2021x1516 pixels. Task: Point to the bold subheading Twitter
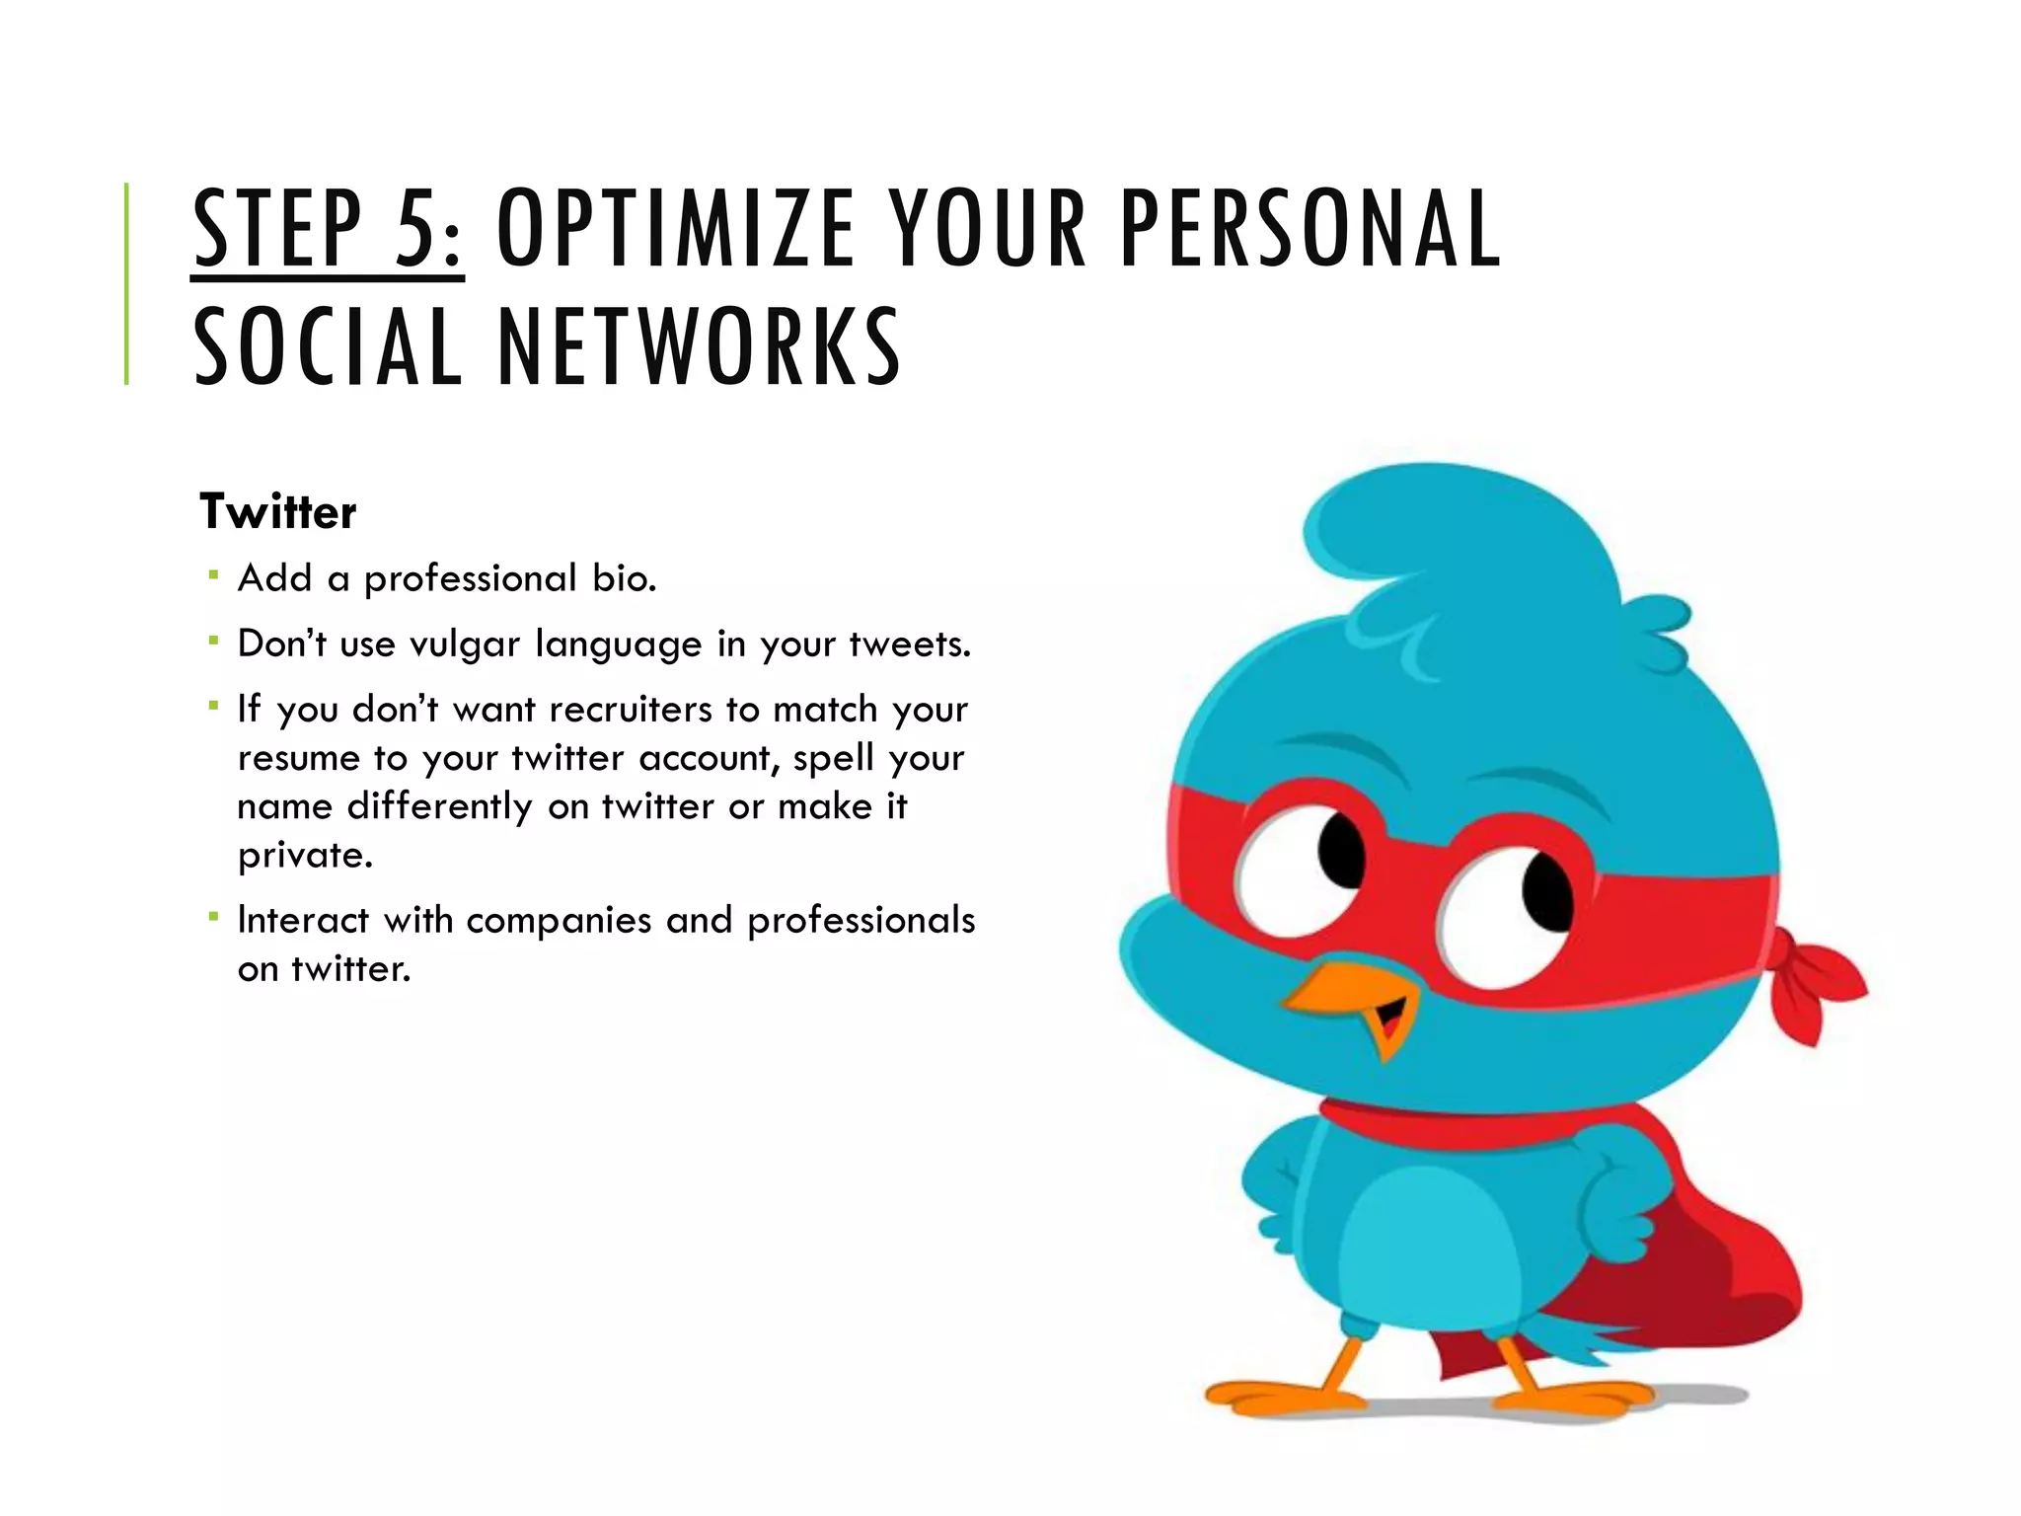[278, 512]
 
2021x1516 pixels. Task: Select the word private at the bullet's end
[305, 856]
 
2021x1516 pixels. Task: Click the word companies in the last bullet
[559, 921]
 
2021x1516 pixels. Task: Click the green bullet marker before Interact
[212, 917]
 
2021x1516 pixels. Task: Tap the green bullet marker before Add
[212, 573]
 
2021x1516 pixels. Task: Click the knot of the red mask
[1811, 977]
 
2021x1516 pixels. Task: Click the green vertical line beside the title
[126, 283]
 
